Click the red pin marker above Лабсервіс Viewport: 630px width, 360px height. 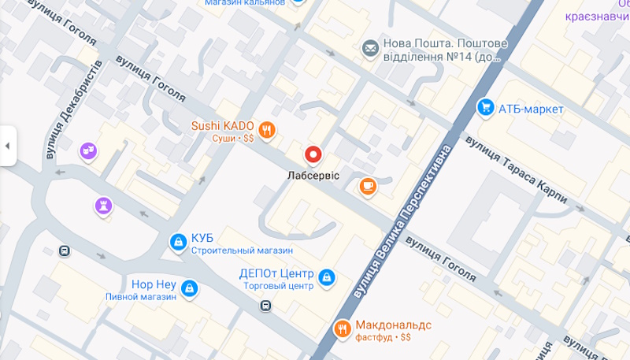(313, 154)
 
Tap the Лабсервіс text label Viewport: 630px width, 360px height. (313, 175)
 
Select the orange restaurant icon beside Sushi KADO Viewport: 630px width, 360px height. (267, 131)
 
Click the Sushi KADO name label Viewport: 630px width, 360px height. (222, 125)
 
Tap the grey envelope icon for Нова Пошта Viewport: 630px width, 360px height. (369, 50)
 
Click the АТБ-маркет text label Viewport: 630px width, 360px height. (531, 109)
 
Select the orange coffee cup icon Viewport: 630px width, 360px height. (367, 187)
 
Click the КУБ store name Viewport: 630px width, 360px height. (202, 238)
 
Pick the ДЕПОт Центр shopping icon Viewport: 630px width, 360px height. (326, 277)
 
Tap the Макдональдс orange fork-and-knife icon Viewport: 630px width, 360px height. (342, 328)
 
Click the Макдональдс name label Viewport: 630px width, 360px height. (395, 324)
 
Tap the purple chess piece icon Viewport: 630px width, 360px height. (103, 206)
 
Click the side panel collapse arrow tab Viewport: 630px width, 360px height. (8, 146)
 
